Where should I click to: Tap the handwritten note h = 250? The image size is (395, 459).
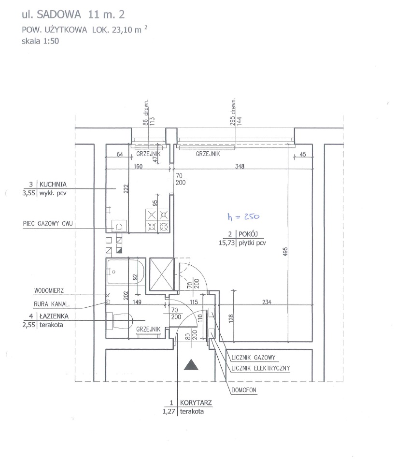[x=243, y=216]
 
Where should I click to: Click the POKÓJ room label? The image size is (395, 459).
[x=248, y=234]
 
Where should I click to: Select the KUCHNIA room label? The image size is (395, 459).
[x=53, y=185]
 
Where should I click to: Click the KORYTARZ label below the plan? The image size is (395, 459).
[x=196, y=402]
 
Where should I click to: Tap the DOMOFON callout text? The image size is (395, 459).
[x=244, y=390]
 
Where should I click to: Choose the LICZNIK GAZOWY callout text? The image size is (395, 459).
[x=254, y=358]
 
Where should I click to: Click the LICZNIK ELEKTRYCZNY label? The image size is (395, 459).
[x=260, y=368]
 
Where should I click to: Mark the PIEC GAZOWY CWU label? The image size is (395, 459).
[x=48, y=224]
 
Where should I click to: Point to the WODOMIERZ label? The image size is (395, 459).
[x=49, y=291]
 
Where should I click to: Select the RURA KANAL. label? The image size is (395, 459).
[x=52, y=304]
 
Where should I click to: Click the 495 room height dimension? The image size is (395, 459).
[x=285, y=252]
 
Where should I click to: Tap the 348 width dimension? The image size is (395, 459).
[x=240, y=166]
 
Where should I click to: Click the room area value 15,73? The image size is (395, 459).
[x=227, y=243]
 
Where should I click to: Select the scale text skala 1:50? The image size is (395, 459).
[x=41, y=41]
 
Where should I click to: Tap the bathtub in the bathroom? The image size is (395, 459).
[x=126, y=272]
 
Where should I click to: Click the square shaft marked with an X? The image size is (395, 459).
[x=161, y=274]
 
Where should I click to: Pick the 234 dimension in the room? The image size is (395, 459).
[x=267, y=302]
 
